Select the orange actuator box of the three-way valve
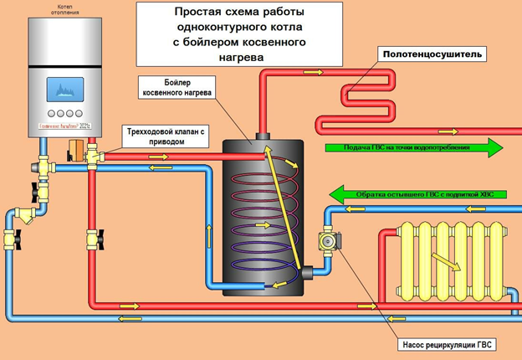[x=74, y=151]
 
